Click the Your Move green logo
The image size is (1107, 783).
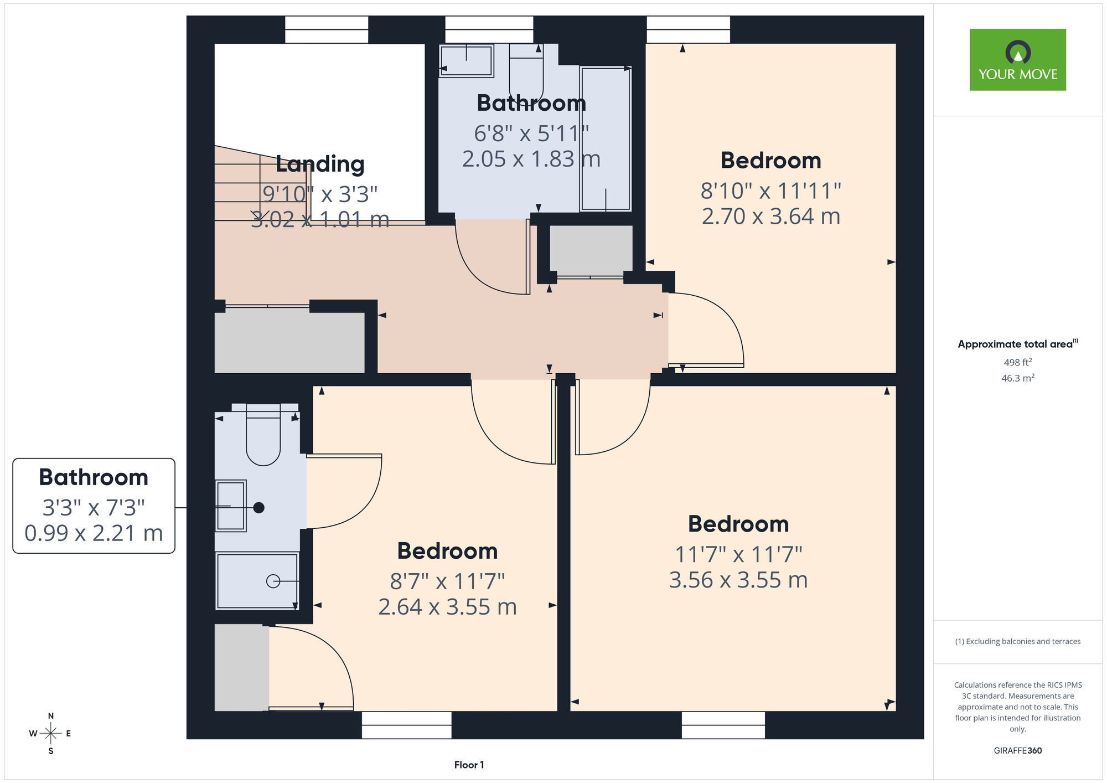[1017, 60]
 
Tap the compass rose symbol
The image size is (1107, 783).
[51, 734]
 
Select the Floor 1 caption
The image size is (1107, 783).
[469, 765]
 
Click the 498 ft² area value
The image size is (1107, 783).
[1018, 362]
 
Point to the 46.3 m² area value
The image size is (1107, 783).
[1018, 378]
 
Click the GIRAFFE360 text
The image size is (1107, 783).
[1018, 751]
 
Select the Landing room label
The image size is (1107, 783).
[320, 164]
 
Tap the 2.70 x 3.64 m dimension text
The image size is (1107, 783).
[771, 217]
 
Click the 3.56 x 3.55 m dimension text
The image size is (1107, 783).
[738, 580]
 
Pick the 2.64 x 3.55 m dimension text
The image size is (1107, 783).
[447, 607]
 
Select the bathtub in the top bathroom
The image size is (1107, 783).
[606, 139]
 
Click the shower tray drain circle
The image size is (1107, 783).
[273, 581]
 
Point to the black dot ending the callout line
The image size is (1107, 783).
[258, 508]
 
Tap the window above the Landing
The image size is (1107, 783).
[327, 29]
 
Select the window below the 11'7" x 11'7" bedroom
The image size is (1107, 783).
[723, 725]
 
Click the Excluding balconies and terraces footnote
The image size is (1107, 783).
[1018, 642]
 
